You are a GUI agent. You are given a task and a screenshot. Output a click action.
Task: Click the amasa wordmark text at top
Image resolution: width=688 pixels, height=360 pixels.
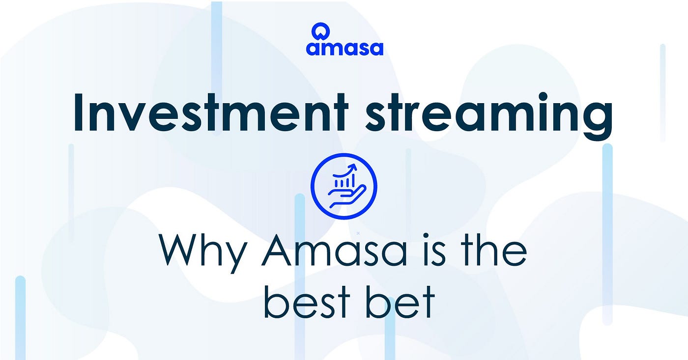[x=344, y=48]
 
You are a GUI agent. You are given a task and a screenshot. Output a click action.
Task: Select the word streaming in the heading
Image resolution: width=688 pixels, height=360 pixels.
[x=489, y=116]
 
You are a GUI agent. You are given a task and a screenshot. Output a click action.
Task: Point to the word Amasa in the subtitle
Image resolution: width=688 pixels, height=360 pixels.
[x=335, y=250]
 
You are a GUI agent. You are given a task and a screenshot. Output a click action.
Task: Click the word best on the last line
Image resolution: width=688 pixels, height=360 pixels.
[x=307, y=302]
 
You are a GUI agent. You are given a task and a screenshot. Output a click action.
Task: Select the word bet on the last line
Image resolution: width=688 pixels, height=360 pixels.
[x=401, y=302]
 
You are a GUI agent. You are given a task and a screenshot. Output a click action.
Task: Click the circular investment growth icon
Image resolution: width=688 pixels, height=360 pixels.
[x=344, y=186]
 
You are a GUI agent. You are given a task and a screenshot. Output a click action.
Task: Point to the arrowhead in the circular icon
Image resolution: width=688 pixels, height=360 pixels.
[x=353, y=167]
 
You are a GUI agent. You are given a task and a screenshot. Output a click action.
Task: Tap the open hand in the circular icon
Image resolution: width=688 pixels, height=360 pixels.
[x=347, y=196]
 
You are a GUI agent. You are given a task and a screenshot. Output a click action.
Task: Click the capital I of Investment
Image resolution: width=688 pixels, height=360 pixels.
[x=79, y=112]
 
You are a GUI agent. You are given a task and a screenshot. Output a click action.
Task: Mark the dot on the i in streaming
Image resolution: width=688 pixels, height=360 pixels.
[x=543, y=96]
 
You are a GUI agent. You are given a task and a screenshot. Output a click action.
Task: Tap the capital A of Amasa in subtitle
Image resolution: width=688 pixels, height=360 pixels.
[x=276, y=250]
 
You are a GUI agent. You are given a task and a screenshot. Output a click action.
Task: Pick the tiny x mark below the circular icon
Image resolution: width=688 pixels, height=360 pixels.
[x=358, y=233]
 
